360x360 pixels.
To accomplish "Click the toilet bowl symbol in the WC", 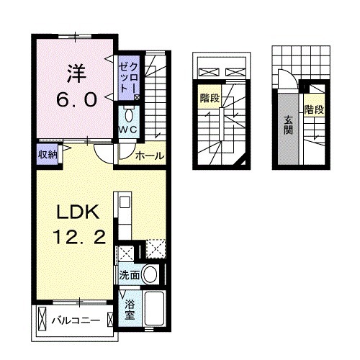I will point(129,114).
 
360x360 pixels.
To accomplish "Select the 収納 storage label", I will point(48,153).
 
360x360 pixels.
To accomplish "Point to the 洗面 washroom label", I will point(130,274).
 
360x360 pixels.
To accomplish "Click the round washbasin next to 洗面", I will point(150,274).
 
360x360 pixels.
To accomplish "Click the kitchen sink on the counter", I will point(122,203).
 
